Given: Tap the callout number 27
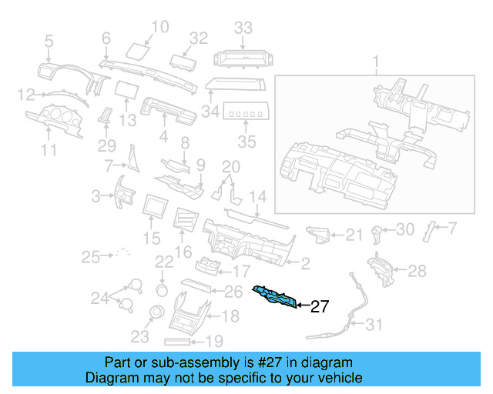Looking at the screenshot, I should coord(319,307).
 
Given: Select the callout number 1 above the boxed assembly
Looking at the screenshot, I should coord(376,61).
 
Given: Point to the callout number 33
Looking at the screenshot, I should coord(243,28).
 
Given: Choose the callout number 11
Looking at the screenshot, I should coord(49,151).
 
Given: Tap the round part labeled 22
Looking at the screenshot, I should coord(162,289).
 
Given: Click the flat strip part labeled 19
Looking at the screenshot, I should coord(183,340).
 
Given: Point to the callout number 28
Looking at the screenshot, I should coord(416,270).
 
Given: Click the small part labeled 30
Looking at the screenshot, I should coord(377,231).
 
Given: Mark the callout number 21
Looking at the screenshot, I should coord(353,235).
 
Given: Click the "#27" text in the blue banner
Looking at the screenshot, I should coord(278,362).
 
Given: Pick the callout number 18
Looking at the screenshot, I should coord(230,316).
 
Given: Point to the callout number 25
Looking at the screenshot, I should coord(92,255).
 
